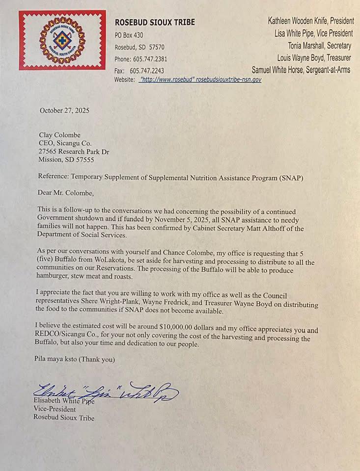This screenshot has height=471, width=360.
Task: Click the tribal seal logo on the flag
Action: [62, 40]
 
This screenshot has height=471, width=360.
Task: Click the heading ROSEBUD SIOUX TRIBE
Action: [155, 22]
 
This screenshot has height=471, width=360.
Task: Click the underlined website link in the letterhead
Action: [200, 79]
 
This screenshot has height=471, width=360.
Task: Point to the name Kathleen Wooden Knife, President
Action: [310, 21]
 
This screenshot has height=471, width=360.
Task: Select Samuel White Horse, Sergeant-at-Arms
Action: [301, 70]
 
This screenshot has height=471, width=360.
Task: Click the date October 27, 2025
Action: [64, 111]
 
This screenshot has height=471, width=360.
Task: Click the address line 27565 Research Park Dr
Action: [74, 152]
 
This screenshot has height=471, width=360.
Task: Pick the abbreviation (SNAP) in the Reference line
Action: [289, 178]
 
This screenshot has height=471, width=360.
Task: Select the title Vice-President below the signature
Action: [55, 409]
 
